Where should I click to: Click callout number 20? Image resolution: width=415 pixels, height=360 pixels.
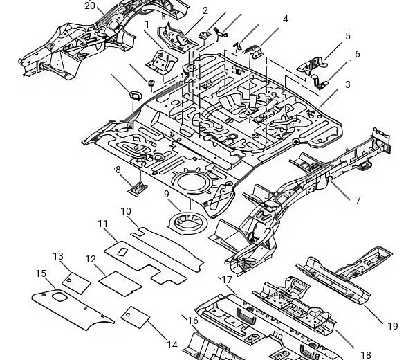coord(90,6)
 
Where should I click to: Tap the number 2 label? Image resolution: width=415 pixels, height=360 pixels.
coord(205,10)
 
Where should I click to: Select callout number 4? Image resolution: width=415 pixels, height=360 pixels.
coord(285,19)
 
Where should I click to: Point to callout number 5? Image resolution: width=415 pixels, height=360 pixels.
coord(348,36)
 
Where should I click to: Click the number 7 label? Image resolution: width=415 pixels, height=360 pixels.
coord(358,200)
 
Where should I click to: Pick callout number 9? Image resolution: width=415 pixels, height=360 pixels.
coord(166,194)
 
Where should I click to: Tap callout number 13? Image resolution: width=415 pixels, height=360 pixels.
coord(58,256)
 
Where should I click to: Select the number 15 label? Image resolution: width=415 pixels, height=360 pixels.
coord(41,273)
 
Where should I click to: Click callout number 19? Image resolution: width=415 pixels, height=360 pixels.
coord(393,326)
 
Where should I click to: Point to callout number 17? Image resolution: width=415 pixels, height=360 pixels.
coord(227,280)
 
